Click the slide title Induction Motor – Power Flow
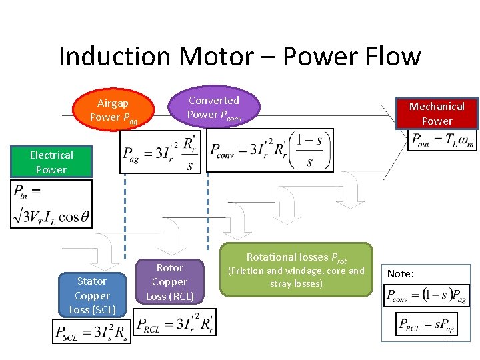(x=239, y=57)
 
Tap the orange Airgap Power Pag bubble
(x=113, y=110)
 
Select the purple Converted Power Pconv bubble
(x=213, y=107)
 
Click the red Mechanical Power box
(x=437, y=113)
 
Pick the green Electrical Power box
(x=51, y=162)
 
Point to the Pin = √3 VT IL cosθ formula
(x=51, y=204)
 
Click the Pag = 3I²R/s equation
(x=161, y=152)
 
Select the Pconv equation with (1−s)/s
(x=270, y=151)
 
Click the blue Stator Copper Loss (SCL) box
(x=92, y=295)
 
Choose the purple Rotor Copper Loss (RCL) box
(x=169, y=282)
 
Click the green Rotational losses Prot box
(x=297, y=269)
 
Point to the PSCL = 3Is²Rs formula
(x=91, y=331)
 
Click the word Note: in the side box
(x=401, y=274)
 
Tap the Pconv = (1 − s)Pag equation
(x=427, y=295)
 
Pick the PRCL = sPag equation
(x=427, y=325)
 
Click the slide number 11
(x=446, y=343)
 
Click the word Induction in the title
(x=107, y=57)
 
